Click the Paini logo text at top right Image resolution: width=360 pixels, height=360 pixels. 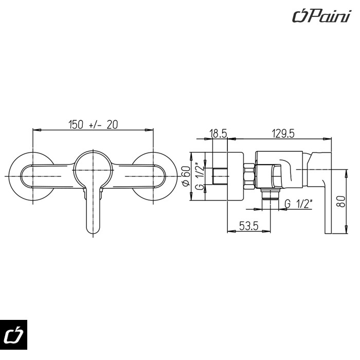pos(321,16)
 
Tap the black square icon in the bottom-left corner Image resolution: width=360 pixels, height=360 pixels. pos(13,334)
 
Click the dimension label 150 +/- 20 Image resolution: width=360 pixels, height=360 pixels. pos(93,124)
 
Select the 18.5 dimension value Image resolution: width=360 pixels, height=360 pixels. pos(218,133)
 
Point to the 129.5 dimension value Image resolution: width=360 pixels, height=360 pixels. pos(283,133)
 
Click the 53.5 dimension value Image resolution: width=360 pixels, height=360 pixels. pos(249,226)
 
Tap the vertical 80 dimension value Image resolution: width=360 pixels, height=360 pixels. pos(341,202)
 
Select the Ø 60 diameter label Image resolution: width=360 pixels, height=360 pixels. pos(186,176)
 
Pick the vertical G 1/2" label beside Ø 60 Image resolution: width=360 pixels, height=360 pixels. pos(200,176)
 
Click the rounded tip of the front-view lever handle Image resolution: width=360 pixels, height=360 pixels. pos(93,231)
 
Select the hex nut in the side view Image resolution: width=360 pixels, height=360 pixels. pos(249,176)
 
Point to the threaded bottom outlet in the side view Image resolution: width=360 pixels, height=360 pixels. pos(270,194)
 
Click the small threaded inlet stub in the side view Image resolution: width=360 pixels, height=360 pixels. pos(220,176)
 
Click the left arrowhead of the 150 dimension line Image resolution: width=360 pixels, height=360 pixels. pos(37,130)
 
